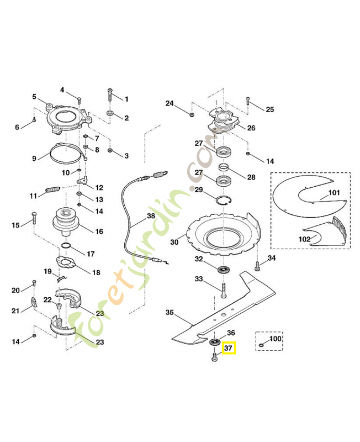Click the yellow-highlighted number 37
228,348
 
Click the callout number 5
34,97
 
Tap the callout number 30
174,242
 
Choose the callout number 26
251,128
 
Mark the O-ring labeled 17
66,246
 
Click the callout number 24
170,103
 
